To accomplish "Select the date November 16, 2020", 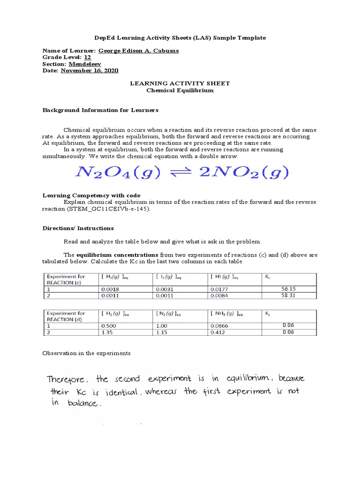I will [x=90, y=70].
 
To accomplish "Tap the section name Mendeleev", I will [x=84, y=64].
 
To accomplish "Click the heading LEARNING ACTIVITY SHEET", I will [x=180, y=83].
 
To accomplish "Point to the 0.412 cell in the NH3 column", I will [x=217, y=332].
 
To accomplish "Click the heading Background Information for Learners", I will [x=100, y=110].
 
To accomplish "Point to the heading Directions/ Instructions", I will [x=78, y=228].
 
